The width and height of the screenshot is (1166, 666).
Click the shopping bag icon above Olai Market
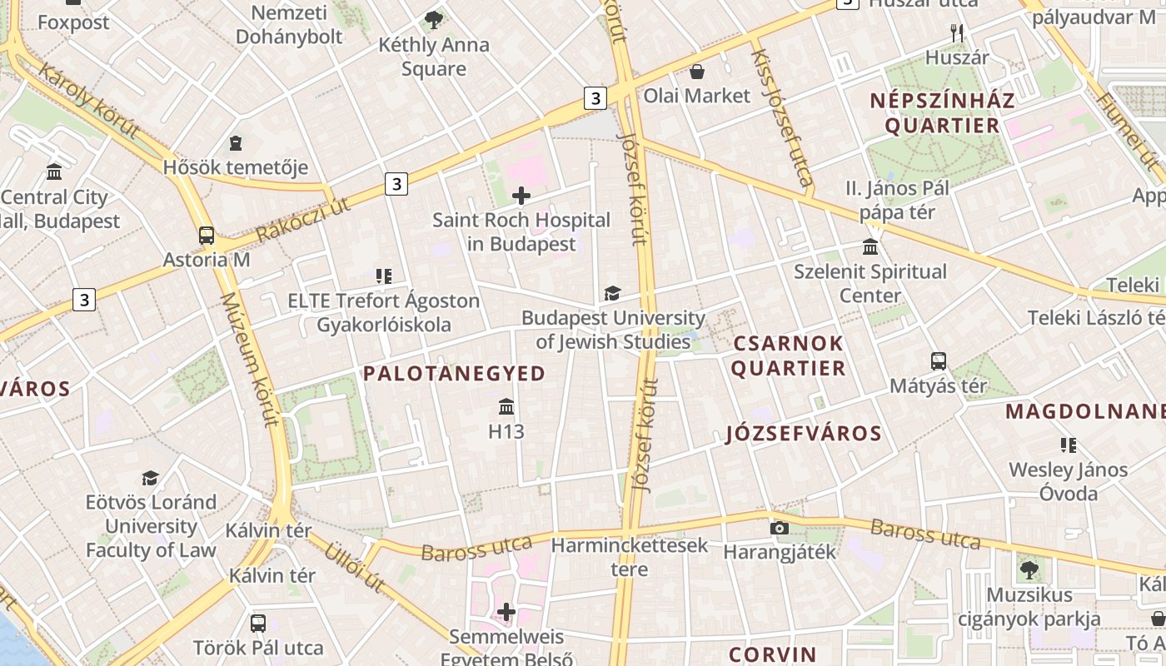tap(696, 72)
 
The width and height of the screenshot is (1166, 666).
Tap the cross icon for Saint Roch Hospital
tap(521, 196)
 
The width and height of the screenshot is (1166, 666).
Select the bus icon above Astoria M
tap(207, 236)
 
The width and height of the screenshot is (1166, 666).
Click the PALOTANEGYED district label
tap(454, 374)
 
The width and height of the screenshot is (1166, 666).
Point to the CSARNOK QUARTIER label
tap(788, 355)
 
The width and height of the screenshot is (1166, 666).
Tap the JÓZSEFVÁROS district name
tap(803, 434)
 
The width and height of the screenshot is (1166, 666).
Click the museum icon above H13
tap(506, 407)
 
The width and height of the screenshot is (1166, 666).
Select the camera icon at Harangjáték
tap(780, 528)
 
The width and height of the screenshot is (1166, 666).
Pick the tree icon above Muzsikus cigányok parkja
tap(1029, 570)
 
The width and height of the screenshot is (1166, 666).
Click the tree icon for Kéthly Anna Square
tap(433, 19)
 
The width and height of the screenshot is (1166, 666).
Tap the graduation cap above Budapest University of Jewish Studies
tap(613, 293)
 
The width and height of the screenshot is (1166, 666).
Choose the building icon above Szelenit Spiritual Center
tap(870, 247)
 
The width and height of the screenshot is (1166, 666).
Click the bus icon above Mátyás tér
tap(939, 361)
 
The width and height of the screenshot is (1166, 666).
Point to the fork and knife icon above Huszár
tap(957, 33)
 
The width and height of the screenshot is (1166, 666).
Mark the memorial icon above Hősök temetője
tap(236, 143)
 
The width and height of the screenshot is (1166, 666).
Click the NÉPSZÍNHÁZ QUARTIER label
tap(942, 113)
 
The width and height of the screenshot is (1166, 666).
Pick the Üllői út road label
tap(353, 568)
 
